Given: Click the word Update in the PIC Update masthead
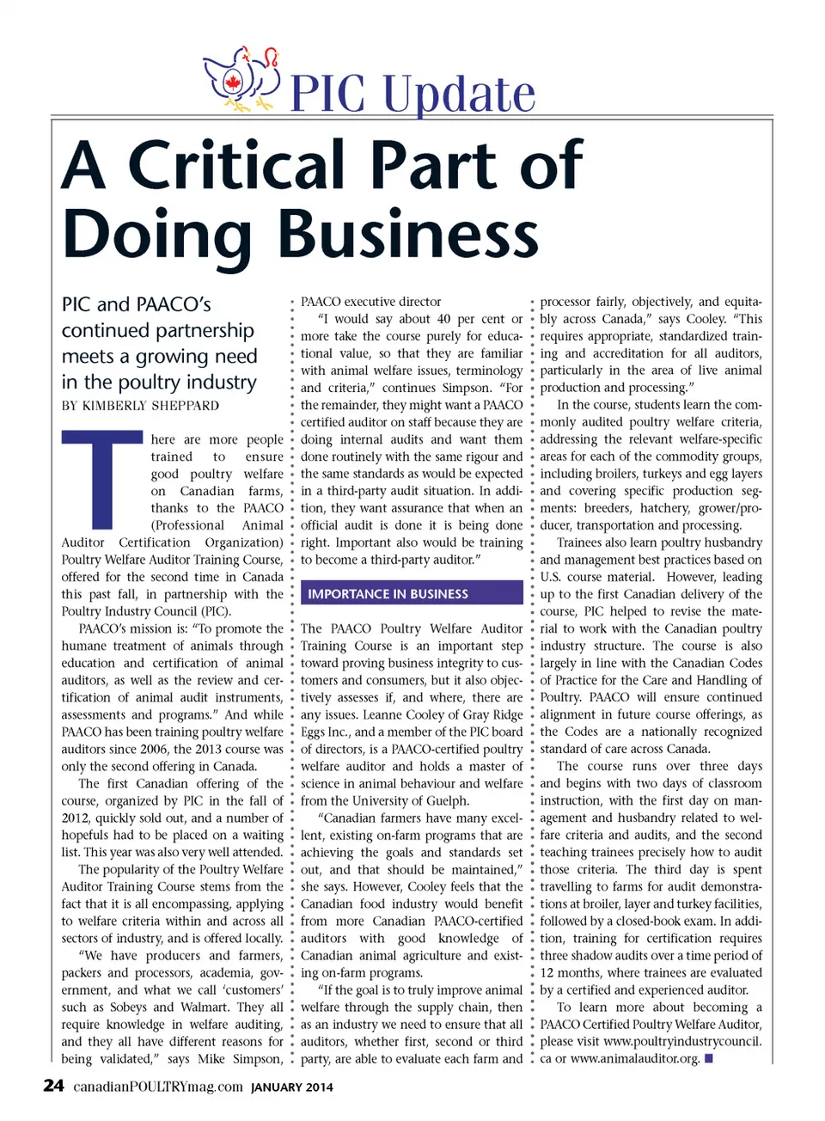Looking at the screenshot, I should click(459, 94).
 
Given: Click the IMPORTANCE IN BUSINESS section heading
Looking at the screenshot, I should click(388, 594).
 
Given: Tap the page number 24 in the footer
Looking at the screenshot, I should click(53, 1086).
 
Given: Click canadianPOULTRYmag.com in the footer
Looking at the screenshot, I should click(158, 1087).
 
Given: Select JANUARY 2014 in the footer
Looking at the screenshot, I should click(291, 1087).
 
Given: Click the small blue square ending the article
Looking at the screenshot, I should click(709, 1058).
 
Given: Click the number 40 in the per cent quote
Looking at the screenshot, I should click(443, 319).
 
